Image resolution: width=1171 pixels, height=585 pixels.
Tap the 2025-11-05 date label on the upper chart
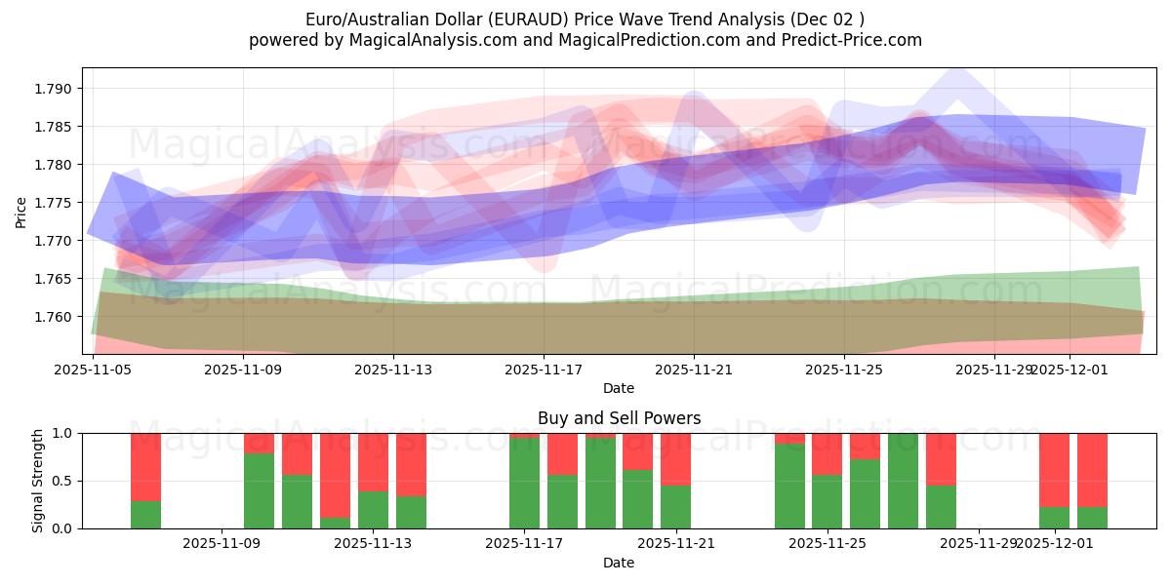click(x=93, y=370)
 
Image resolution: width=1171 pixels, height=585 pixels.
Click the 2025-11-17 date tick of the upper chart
click(x=544, y=370)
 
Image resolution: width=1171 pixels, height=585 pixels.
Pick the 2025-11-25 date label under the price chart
click(x=844, y=370)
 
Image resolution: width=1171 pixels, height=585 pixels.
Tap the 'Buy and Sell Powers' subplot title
click(x=619, y=418)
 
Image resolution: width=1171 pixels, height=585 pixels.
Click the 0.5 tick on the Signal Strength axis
click(x=62, y=481)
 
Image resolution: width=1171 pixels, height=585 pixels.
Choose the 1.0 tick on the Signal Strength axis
click(x=62, y=433)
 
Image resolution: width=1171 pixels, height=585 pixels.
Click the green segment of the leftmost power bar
click(x=145, y=515)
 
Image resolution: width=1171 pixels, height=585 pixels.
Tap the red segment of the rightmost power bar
click(x=1092, y=469)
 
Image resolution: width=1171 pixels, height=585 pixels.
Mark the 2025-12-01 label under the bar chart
click(x=1054, y=543)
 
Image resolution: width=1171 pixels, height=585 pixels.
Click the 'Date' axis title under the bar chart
click(x=619, y=563)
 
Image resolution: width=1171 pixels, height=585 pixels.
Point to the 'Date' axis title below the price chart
click(x=619, y=388)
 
